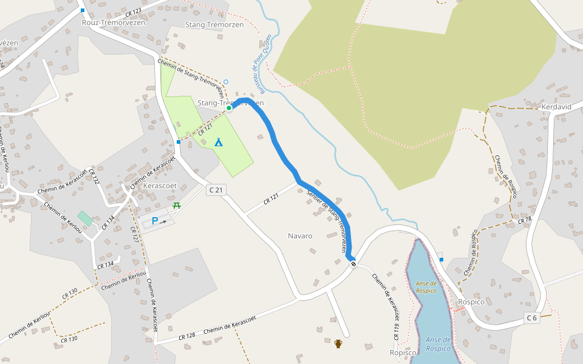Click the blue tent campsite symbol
[218, 142]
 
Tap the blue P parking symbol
[154, 221]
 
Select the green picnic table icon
[177, 206]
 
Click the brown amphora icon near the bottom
[338, 344]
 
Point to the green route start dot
[229, 108]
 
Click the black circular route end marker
[353, 263]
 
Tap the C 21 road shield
[216, 190]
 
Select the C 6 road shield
[532, 317]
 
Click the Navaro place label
[300, 235]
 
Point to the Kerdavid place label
[556, 107]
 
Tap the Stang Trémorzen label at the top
[213, 24]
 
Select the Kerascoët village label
[153, 186]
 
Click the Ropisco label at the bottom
[403, 352]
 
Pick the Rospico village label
[471, 302]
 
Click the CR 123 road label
[133, 11]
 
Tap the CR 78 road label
[525, 219]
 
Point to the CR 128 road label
[187, 336]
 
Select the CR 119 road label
[396, 331]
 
